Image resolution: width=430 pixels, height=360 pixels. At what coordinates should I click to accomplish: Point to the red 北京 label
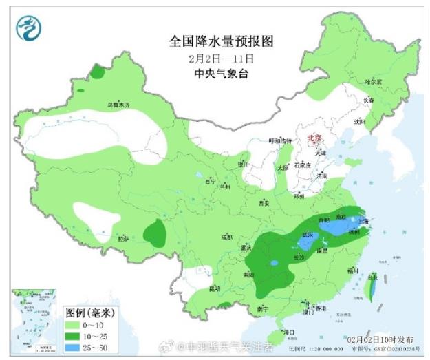(x=314, y=137)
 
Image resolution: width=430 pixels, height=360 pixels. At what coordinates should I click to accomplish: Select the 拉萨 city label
(x=123, y=238)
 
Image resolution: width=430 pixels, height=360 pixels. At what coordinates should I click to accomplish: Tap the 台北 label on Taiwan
(x=372, y=277)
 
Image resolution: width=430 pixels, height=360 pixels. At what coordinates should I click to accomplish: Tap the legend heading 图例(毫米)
(x=89, y=313)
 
